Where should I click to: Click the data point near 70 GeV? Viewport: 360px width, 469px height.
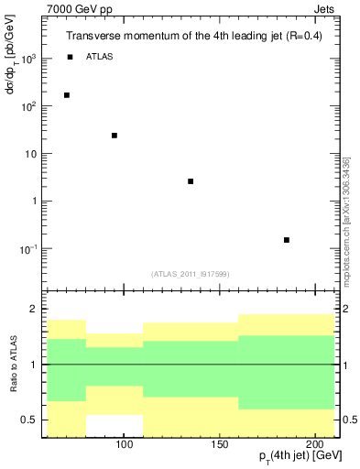click(x=67, y=95)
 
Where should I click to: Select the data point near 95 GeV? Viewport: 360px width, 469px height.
click(x=115, y=136)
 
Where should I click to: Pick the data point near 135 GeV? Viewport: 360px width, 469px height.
click(x=191, y=181)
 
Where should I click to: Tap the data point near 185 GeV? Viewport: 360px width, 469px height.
click(x=287, y=240)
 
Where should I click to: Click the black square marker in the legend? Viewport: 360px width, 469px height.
click(x=70, y=57)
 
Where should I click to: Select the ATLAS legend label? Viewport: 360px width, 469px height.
click(x=101, y=57)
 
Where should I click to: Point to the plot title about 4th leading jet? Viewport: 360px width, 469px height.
click(x=193, y=37)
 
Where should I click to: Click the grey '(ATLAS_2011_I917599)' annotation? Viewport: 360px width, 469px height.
click(x=191, y=274)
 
